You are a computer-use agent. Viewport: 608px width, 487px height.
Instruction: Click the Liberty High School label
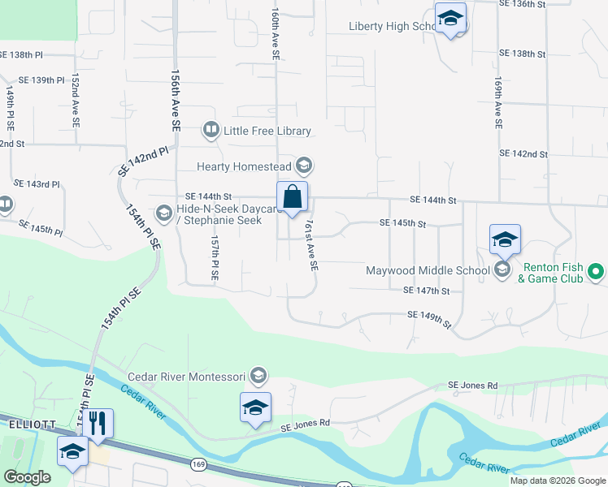pyautogui.click(x=393, y=26)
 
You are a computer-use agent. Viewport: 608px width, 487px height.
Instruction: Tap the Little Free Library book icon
pyautogui.click(x=211, y=130)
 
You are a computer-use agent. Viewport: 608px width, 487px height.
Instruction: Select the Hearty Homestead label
pyautogui.click(x=245, y=166)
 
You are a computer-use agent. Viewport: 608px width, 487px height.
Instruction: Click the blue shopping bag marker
pyautogui.click(x=293, y=197)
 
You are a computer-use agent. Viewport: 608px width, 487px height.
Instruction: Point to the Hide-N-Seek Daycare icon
pyautogui.click(x=163, y=213)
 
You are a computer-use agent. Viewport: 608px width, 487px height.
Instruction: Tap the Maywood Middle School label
pyautogui.click(x=428, y=270)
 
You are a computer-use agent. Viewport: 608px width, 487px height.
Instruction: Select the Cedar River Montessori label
pyautogui.click(x=186, y=377)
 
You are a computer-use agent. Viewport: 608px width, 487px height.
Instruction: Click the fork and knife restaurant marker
pyautogui.click(x=98, y=424)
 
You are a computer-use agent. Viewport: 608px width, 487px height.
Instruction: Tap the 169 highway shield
pyautogui.click(x=198, y=464)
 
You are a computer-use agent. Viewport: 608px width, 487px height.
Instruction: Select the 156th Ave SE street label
pyautogui.click(x=174, y=100)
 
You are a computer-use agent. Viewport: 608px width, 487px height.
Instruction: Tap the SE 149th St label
pyautogui.click(x=429, y=319)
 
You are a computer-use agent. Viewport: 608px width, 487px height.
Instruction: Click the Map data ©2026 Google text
pyautogui.click(x=557, y=481)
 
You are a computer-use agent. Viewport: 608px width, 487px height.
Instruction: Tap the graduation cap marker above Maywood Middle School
pyautogui.click(x=505, y=239)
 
